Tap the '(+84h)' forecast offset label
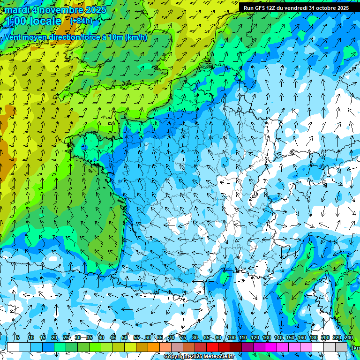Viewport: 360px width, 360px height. click(81, 21)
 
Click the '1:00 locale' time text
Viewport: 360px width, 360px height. click(33, 21)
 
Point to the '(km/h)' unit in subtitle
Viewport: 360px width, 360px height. click(136, 37)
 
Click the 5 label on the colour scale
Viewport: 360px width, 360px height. click(17, 338)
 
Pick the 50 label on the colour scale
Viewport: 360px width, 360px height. click(125, 338)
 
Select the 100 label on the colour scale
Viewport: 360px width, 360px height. click(231, 338)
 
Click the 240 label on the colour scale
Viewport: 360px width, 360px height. click(349, 338)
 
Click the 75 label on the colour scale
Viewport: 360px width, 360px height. click(183, 338)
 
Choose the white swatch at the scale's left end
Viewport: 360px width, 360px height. click(13, 347)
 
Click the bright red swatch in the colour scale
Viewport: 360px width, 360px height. click(212, 347)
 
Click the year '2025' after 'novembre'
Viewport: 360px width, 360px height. click(96, 10)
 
